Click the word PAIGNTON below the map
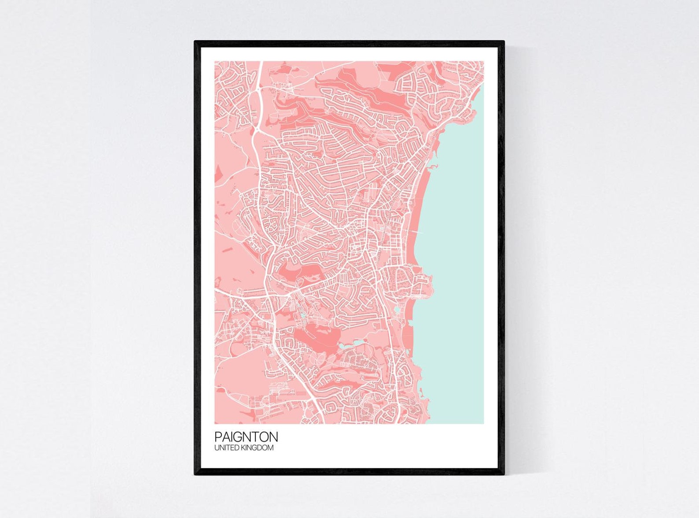[246, 437]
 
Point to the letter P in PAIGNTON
[218, 437]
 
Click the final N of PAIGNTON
[273, 437]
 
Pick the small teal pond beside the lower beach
[398, 309]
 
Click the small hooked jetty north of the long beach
[434, 166]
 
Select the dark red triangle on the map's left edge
[217, 174]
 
